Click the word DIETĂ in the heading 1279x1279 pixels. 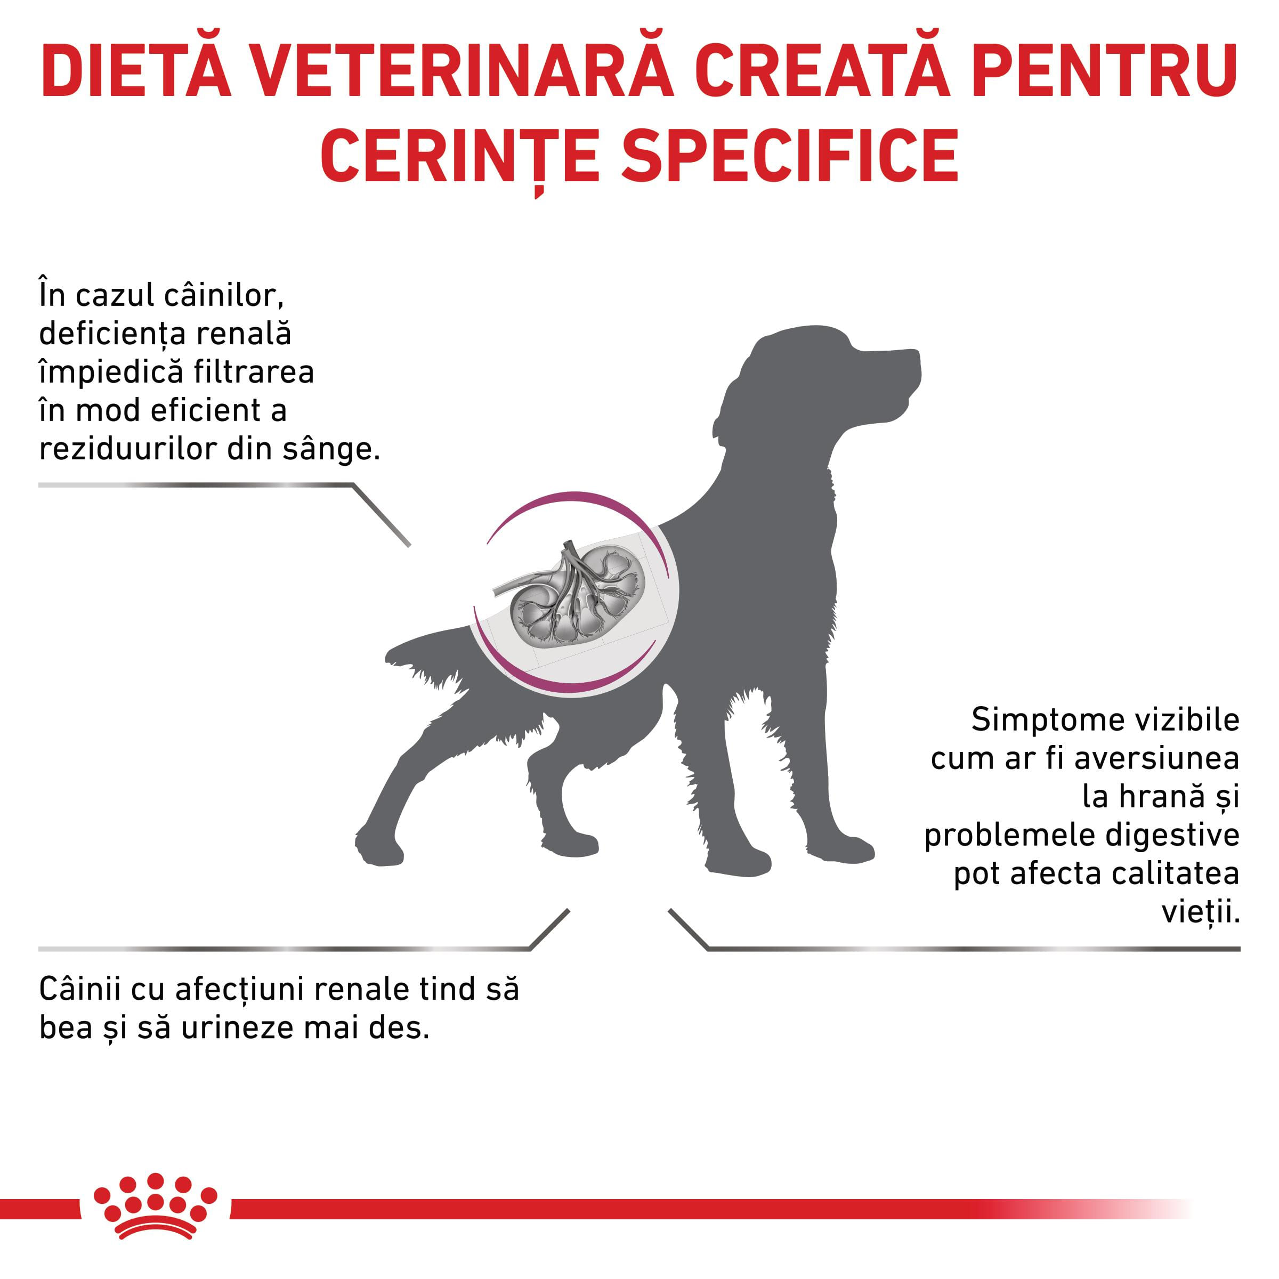tap(136, 71)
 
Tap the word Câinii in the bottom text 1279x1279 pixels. tap(79, 989)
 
